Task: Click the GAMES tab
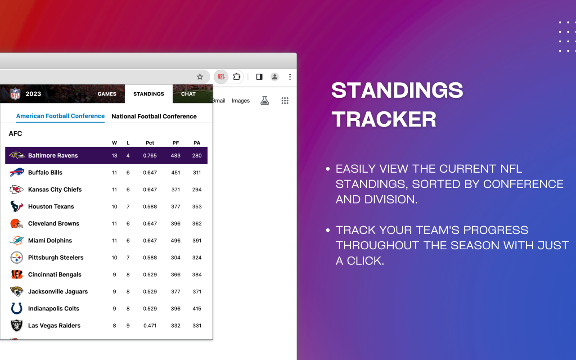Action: tap(107, 94)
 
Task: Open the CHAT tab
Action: tap(188, 94)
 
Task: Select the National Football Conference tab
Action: tap(154, 116)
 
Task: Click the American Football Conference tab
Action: tap(60, 116)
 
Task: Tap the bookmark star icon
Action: tap(200, 76)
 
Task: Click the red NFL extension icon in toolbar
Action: tap(221, 76)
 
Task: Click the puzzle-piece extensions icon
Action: tap(236, 76)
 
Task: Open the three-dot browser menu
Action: tap(290, 76)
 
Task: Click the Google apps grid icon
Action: tap(285, 100)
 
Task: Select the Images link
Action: tap(240, 100)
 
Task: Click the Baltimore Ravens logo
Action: tap(17, 155)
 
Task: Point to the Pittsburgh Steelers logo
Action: tap(17, 257)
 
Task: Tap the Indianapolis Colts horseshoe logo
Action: tap(17, 308)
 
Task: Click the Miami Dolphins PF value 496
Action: tap(175, 240)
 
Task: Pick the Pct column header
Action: tap(150, 143)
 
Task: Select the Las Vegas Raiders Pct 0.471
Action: tap(150, 325)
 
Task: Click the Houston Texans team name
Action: tap(51, 207)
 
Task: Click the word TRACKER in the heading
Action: tap(384, 119)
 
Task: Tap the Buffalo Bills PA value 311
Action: tap(197, 172)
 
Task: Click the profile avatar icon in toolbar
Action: tap(274, 76)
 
